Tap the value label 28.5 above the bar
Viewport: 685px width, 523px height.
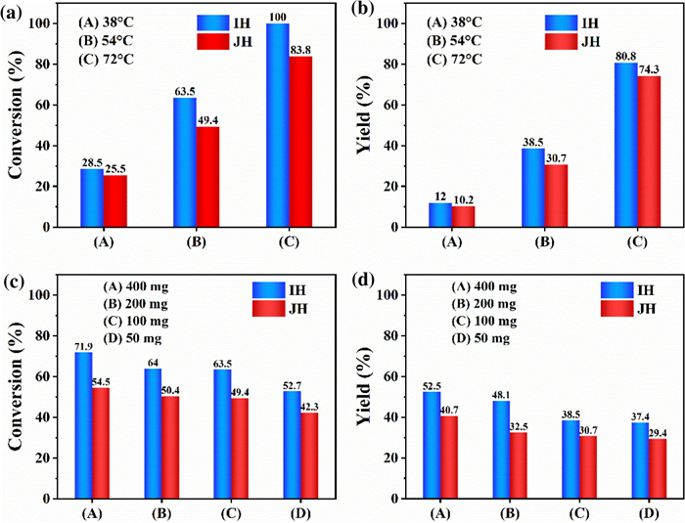[x=91, y=161]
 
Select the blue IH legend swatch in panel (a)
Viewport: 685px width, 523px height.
[x=212, y=21]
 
